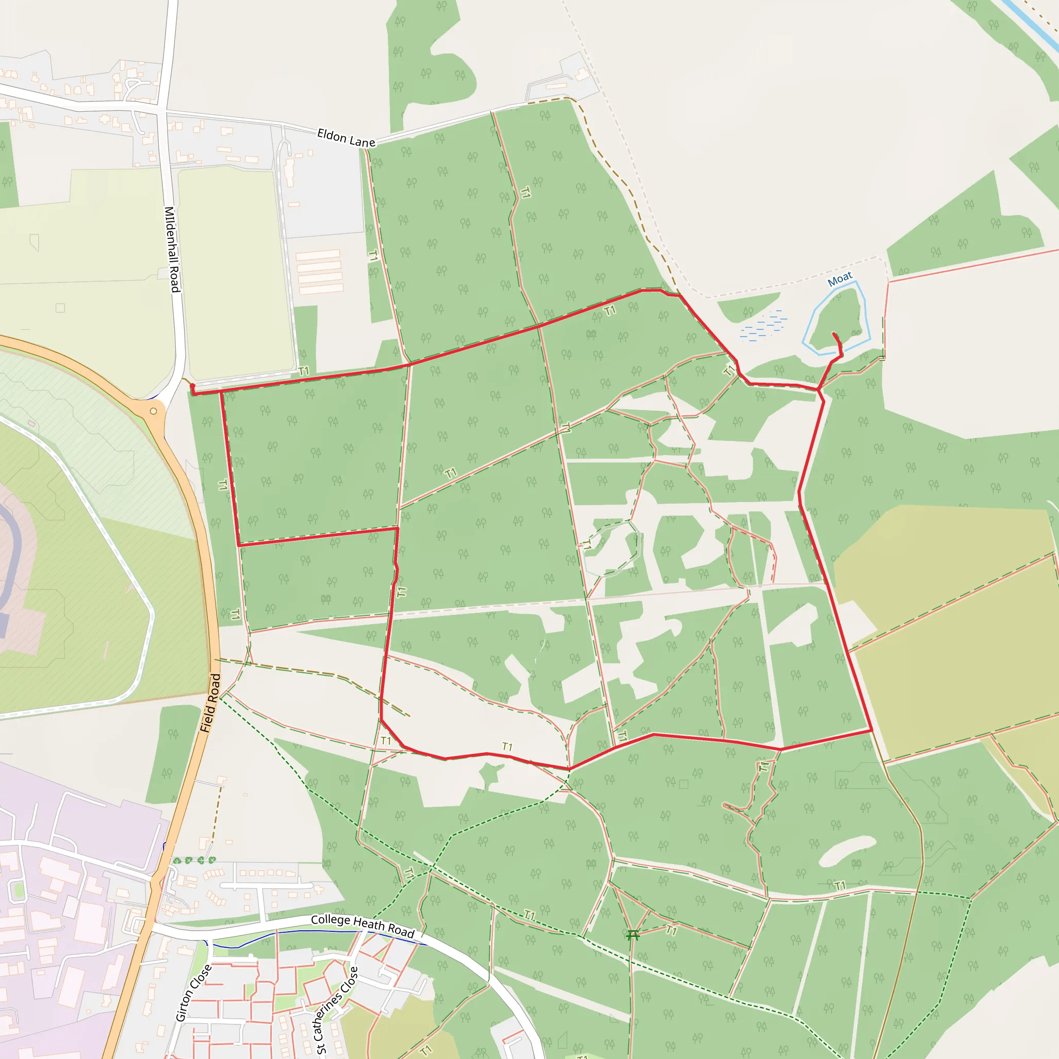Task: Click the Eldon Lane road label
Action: point(346,138)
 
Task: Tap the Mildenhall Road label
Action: point(172,249)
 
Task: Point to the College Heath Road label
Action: point(362,926)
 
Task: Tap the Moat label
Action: point(839,279)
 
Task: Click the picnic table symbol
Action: point(632,934)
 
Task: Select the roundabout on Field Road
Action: point(154,411)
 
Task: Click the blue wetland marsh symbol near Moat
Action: point(764,327)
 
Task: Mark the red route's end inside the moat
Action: point(834,334)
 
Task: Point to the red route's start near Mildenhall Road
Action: point(192,386)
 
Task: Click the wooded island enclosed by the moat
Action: point(839,318)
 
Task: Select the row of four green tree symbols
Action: point(194,860)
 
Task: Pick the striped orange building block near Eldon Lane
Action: point(320,272)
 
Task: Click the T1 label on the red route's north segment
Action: point(610,311)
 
